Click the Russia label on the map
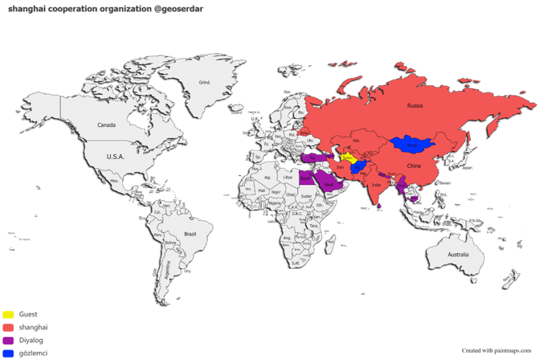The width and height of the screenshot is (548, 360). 415,105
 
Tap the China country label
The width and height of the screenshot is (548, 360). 414,166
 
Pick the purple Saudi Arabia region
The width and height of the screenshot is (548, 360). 329,185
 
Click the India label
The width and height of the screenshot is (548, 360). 376,186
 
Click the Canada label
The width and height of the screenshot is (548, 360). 106,125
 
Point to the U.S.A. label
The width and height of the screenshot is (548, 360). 116,157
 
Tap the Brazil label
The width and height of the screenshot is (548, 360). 190,233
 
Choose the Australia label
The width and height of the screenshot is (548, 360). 457,254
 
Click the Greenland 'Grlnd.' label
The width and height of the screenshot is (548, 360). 204,82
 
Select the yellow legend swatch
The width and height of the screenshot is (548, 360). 8,314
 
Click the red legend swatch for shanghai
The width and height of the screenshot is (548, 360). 8,327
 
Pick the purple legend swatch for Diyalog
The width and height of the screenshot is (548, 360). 8,340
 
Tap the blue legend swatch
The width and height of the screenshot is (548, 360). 8,353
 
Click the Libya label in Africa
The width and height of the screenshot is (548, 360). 288,177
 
